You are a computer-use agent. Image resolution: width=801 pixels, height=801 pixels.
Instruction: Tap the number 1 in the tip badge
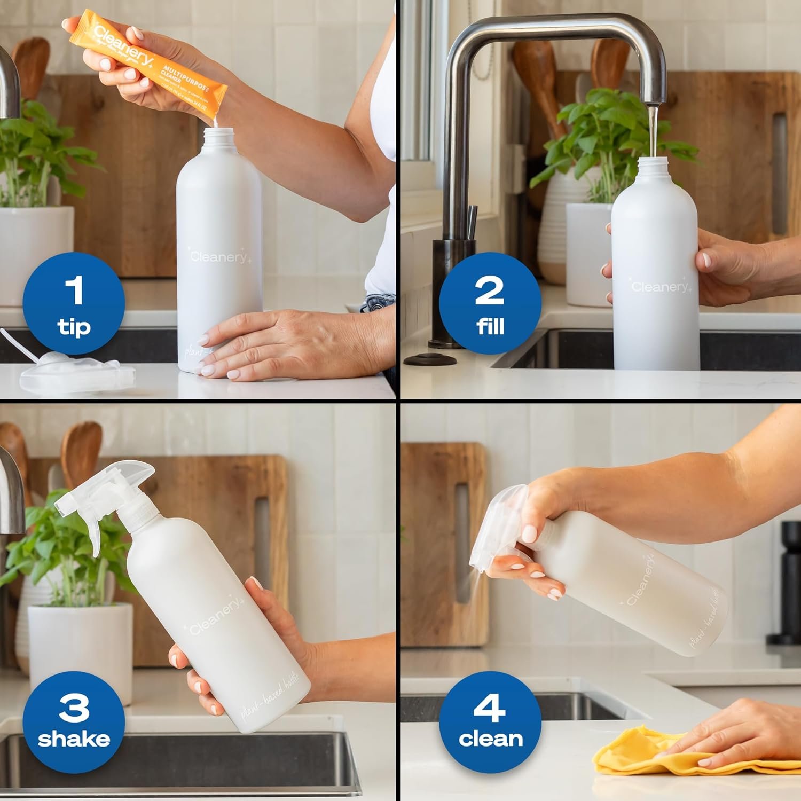click(74, 290)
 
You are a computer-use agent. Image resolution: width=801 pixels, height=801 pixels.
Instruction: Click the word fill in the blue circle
click(490, 326)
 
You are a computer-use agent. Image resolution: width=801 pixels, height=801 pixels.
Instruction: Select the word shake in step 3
click(74, 739)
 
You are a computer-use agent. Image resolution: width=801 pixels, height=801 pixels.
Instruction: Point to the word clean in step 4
click(490, 739)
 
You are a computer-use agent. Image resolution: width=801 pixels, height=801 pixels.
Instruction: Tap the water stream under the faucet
click(653, 131)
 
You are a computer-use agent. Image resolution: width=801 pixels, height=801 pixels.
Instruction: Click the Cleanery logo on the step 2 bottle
click(661, 287)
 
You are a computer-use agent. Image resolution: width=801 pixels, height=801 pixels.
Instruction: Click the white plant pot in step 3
click(80, 646)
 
